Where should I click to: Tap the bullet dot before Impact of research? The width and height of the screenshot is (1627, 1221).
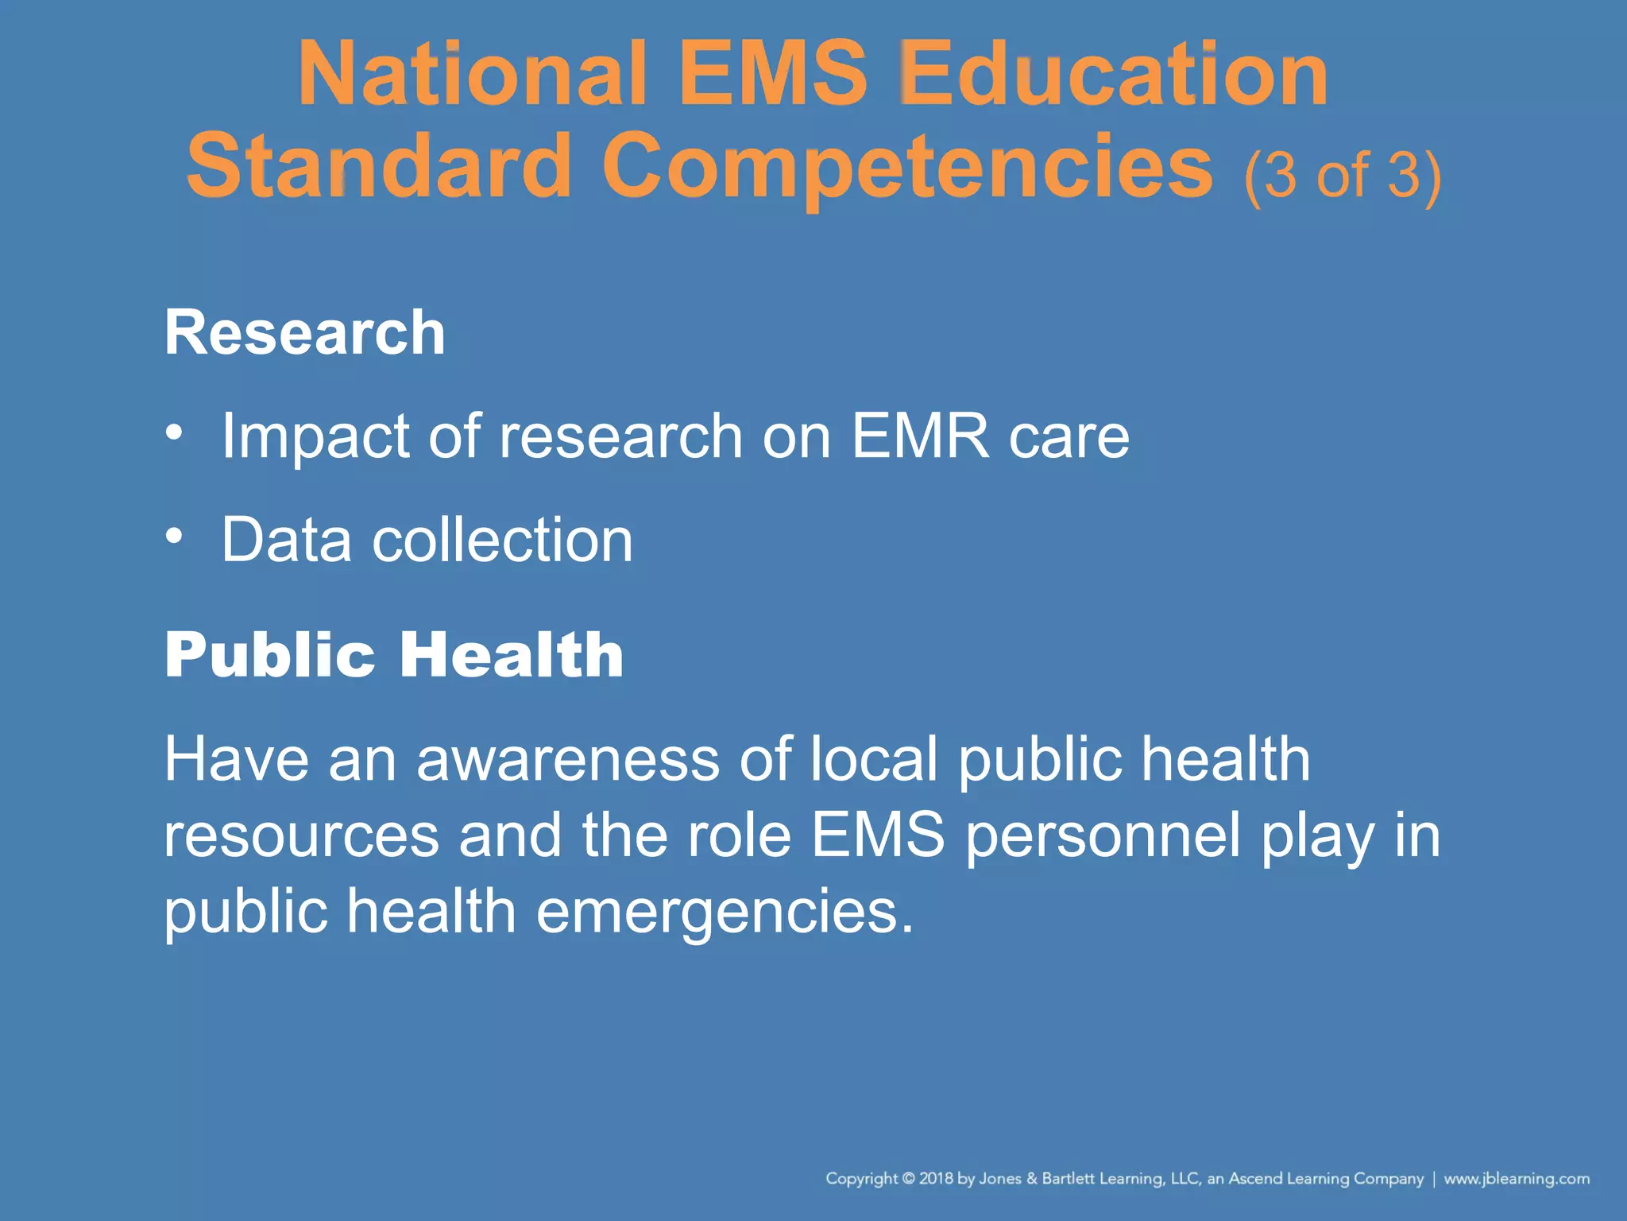pos(174,432)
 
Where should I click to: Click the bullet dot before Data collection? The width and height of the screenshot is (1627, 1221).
pos(174,536)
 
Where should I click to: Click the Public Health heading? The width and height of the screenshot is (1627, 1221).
pos(394,655)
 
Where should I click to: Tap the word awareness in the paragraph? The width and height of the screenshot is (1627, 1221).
pos(567,759)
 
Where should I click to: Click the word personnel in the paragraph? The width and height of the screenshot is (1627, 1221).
pos(1103,836)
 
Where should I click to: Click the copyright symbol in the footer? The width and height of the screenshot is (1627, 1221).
pos(909,1178)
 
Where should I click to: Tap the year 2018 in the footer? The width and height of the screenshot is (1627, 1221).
pos(937,1178)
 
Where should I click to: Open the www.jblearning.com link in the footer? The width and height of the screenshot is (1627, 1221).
pos(1517,1178)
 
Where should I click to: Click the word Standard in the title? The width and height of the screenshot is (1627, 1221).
pos(379,167)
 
